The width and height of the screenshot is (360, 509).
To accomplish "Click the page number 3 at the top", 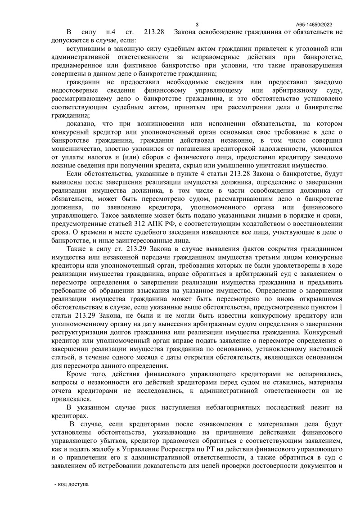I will click(198, 24).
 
